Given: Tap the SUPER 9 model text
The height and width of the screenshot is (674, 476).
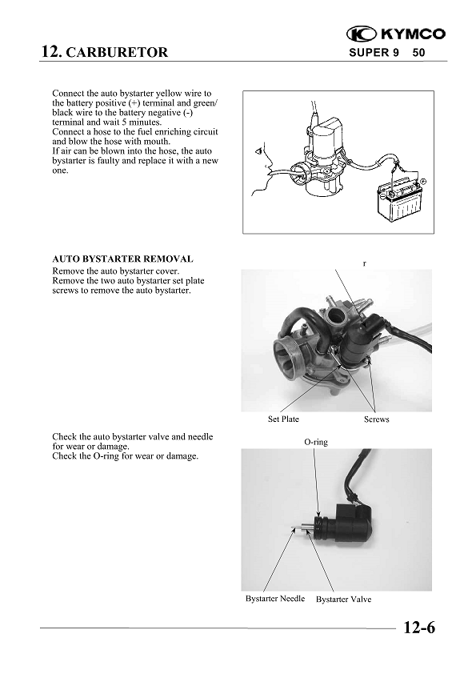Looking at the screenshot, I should (372, 53).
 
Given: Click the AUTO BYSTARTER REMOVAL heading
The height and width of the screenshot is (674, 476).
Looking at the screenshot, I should (122, 259).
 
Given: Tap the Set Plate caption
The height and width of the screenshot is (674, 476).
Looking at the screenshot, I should (283, 419).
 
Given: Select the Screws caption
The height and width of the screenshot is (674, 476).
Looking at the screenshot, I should (376, 419).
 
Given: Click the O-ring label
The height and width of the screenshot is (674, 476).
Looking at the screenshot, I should (315, 442).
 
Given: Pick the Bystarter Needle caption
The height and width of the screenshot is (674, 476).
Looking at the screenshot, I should (274, 599).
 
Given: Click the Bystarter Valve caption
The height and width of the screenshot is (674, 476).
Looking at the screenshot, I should (343, 599).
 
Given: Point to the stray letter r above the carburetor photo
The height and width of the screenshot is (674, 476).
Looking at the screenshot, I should (364, 263).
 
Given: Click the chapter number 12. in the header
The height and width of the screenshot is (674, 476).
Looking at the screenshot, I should (51, 52).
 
